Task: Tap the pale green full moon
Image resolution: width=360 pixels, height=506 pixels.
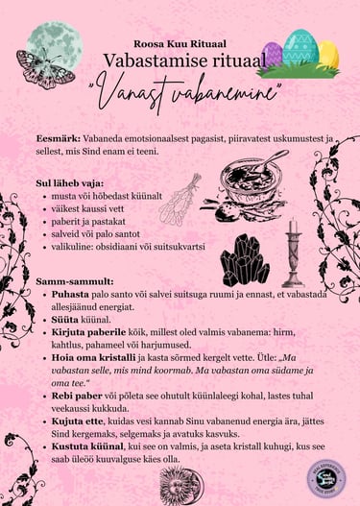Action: (52, 42)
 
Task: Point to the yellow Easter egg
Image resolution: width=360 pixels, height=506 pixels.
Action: (326, 55)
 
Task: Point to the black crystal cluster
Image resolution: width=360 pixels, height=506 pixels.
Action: (245, 260)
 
